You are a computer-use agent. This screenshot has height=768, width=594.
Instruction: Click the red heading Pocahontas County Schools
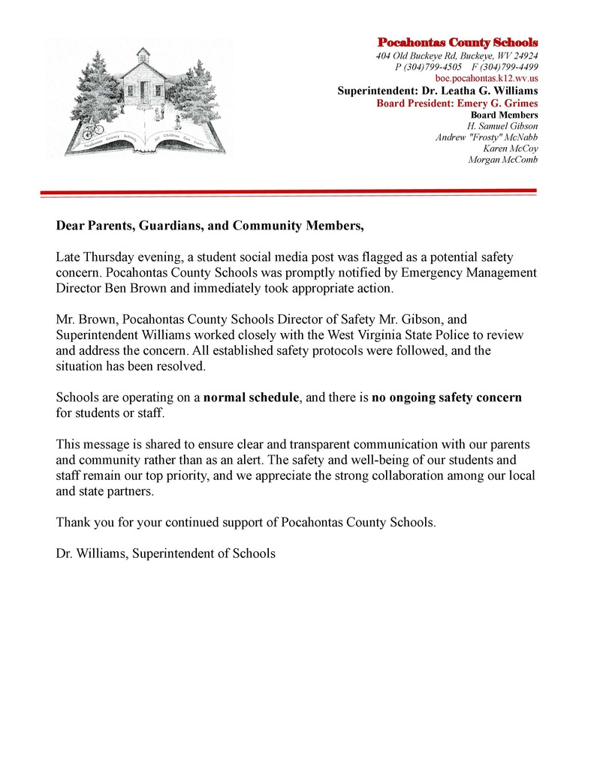[457, 42]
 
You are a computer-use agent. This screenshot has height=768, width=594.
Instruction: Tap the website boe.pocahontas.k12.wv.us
[487, 78]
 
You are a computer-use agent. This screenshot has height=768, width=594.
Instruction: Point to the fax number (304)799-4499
[510, 67]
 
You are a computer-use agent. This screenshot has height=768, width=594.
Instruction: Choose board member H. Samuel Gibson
[502, 126]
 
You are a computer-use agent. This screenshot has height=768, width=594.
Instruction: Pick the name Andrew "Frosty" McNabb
[487, 137]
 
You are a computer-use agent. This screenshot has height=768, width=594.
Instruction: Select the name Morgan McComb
[503, 160]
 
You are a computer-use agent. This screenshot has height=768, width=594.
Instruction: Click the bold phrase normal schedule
[252, 397]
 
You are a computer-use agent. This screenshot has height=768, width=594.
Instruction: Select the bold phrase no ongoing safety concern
[447, 397]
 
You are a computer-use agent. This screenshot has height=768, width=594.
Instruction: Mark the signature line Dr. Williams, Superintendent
[166, 553]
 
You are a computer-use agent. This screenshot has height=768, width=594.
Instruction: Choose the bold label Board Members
[504, 115]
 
